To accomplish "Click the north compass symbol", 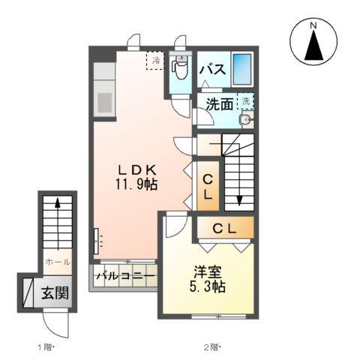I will pyautogui.click(x=313, y=44).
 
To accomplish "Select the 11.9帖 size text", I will pyautogui.click(x=136, y=184).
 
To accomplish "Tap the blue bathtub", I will pyautogui.click(x=241, y=70).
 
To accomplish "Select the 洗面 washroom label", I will pyautogui.click(x=219, y=105).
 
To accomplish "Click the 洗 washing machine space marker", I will pyautogui.click(x=245, y=100).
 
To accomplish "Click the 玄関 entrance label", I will pyautogui.click(x=55, y=292).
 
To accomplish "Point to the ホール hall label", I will pyautogui.click(x=58, y=262).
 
